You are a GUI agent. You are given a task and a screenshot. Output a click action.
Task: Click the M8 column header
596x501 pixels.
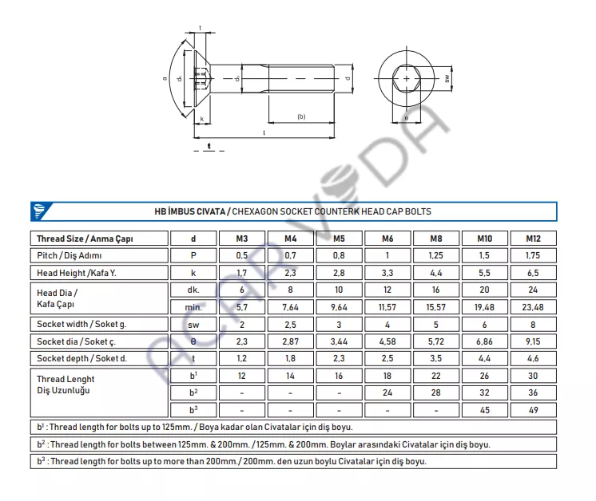[x=436, y=239]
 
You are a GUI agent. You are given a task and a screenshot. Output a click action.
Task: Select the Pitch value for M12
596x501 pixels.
[x=533, y=256]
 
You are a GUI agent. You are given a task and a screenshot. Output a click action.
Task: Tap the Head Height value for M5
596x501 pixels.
[x=339, y=273]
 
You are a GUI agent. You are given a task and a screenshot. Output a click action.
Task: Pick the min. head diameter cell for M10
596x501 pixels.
[x=485, y=307]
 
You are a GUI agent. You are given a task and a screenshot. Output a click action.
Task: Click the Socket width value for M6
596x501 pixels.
[x=387, y=325]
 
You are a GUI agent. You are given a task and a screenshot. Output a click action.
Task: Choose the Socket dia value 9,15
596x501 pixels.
[x=533, y=341]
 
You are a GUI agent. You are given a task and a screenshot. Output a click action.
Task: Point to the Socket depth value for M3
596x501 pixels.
[x=241, y=359]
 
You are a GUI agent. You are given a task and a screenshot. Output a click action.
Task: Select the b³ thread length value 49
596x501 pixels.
[x=533, y=410]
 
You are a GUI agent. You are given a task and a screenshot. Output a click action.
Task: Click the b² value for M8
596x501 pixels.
[x=436, y=393]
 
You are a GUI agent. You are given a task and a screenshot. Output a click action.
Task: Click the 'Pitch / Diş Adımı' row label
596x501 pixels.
[x=70, y=256]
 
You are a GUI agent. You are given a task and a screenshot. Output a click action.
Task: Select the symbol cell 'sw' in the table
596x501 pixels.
[x=193, y=325]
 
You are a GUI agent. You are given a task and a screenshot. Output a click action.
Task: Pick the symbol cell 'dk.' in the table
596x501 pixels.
[x=193, y=290]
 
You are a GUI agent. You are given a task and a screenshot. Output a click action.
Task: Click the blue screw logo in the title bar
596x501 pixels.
[x=39, y=211]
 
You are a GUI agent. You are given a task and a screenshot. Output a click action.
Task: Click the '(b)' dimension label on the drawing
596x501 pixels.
[x=301, y=117]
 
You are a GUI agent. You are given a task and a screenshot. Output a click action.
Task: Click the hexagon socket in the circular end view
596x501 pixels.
[x=407, y=79]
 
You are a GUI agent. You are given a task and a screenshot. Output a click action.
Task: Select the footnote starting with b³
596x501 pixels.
[x=232, y=461]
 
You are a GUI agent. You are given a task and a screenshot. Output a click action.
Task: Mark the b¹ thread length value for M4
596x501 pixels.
[x=290, y=376]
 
